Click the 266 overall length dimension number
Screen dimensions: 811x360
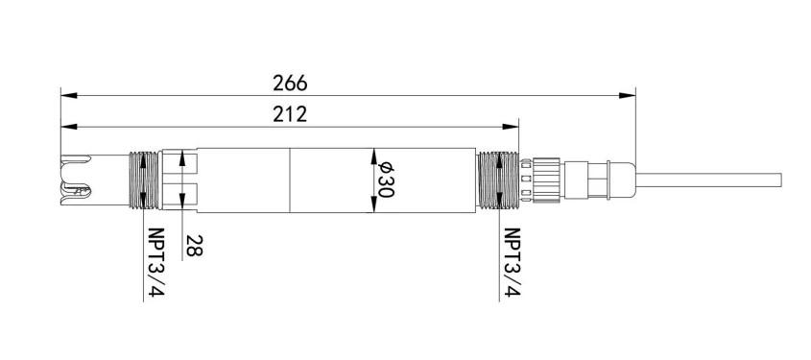click(x=290, y=83)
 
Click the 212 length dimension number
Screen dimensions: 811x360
click(x=290, y=114)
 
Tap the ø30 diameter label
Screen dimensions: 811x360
click(x=387, y=180)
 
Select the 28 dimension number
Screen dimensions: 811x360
click(x=195, y=245)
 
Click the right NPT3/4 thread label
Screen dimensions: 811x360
click(x=513, y=262)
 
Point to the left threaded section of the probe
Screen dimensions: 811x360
click(x=144, y=180)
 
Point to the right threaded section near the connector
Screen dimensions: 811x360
click(x=497, y=180)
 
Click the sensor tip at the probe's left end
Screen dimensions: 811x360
click(x=76, y=180)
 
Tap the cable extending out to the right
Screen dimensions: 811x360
click(x=708, y=180)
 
